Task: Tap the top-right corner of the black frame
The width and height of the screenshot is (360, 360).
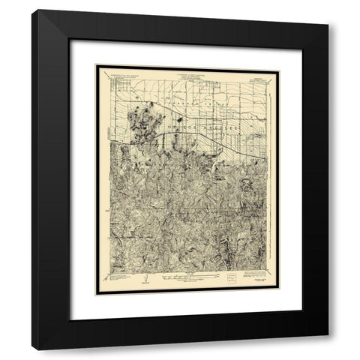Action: [x=328, y=10]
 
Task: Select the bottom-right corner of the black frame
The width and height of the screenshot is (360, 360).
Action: [x=328, y=349]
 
